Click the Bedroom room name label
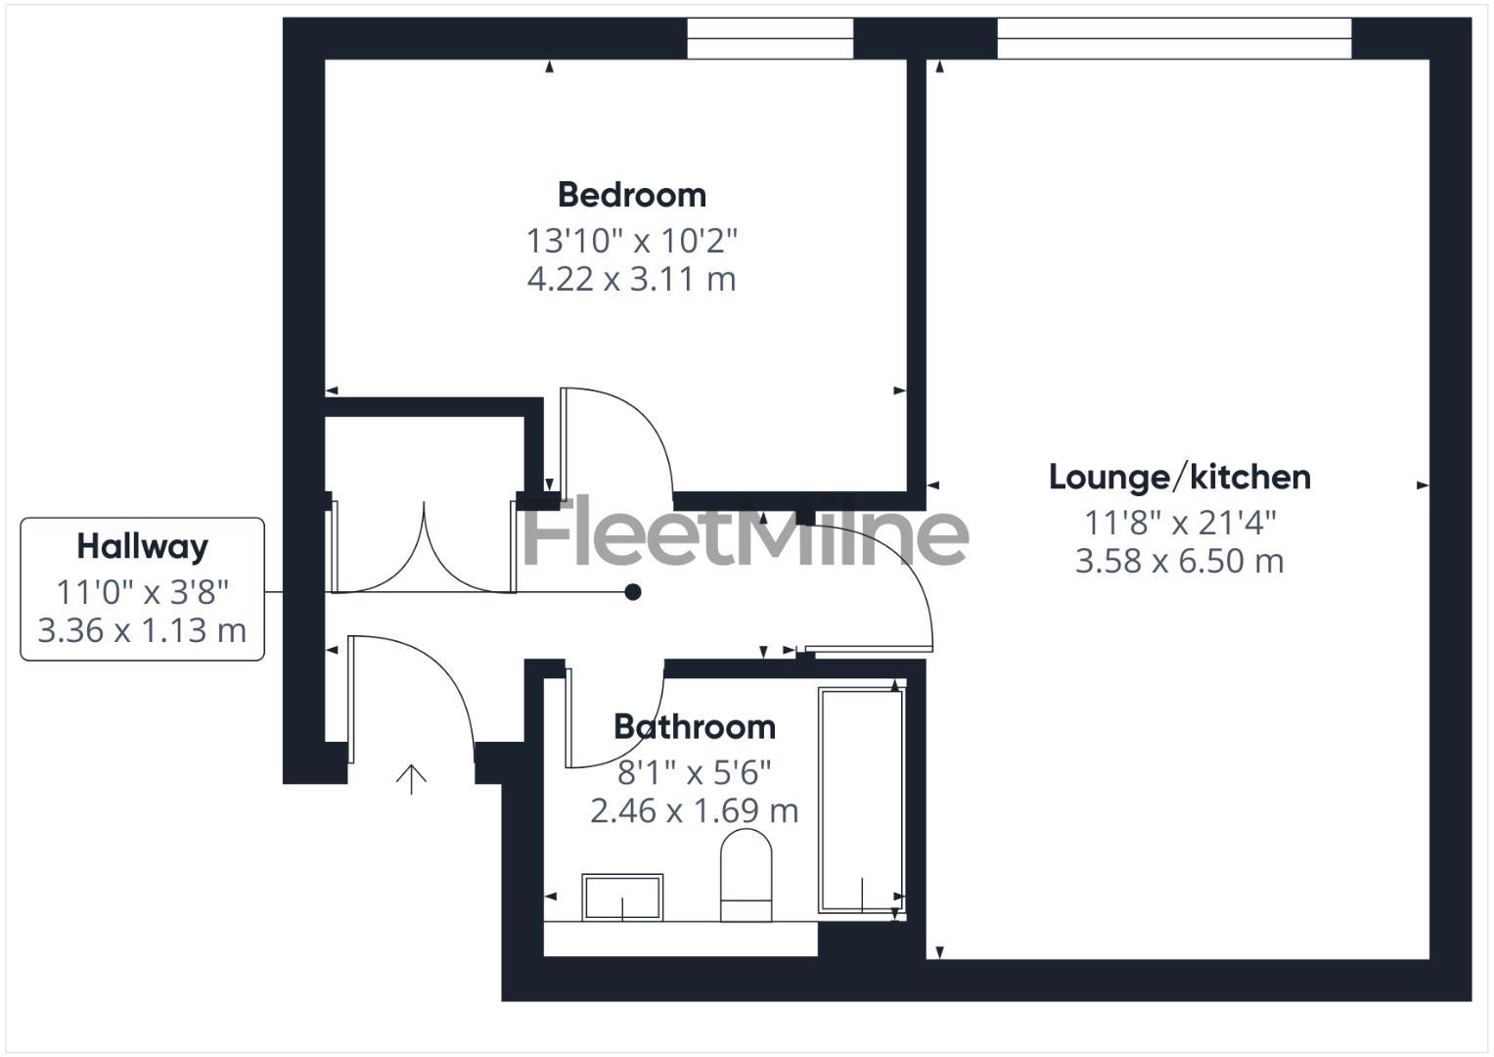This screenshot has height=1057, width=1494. tap(631, 195)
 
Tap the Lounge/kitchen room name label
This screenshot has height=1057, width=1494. tap(1179, 478)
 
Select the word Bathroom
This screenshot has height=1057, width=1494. tap(694, 727)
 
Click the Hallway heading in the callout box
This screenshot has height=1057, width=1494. tap(142, 546)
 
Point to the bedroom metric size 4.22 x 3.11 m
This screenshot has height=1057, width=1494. tap(631, 280)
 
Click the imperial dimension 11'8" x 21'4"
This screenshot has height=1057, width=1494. tap(1179, 523)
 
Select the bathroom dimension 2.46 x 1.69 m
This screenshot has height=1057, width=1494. tap(694, 811)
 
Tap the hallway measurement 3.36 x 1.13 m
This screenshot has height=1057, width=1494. tap(142, 630)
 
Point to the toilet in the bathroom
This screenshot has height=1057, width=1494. tap(746, 874)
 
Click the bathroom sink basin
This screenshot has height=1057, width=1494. tap(622, 896)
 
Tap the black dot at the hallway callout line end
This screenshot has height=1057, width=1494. tap(633, 592)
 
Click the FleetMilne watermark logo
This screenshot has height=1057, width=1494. tap(746, 533)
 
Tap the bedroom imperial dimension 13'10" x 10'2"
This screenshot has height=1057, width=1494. tap(631, 240)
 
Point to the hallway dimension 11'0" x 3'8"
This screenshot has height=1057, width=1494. tap(142, 591)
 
